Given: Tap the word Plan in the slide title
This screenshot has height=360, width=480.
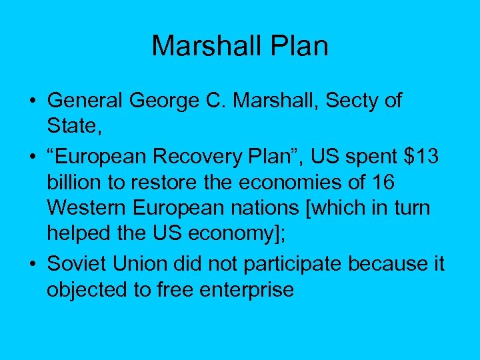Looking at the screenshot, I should click(x=299, y=46).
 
